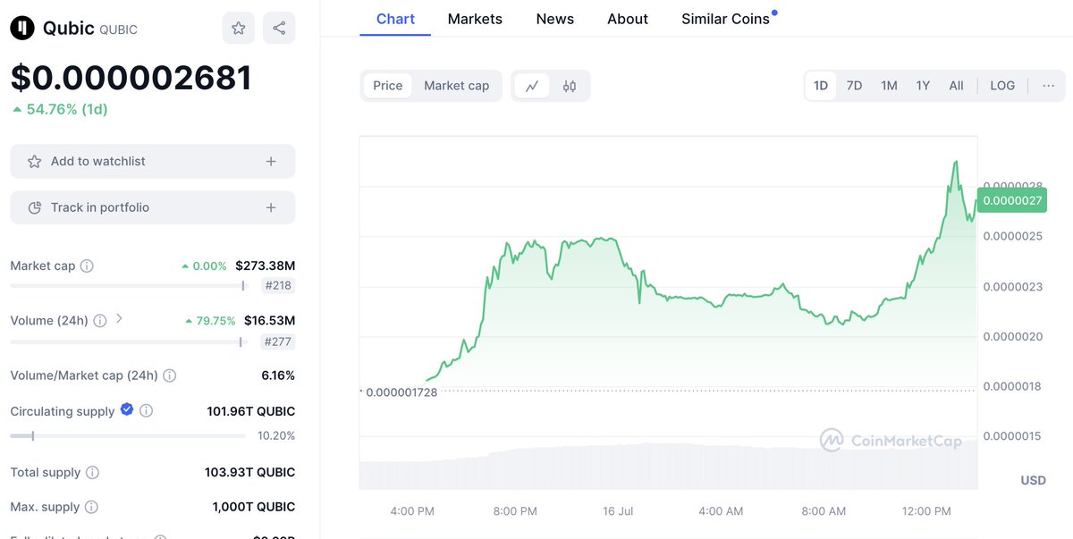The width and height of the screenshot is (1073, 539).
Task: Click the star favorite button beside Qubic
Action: pyautogui.click(x=239, y=28)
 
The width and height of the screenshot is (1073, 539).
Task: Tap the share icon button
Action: pyautogui.click(x=279, y=28)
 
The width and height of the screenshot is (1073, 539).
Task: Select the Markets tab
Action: pyautogui.click(x=475, y=19)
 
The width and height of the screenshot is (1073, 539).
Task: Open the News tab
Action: pyautogui.click(x=554, y=19)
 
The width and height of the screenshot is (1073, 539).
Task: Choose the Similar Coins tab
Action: pyautogui.click(x=725, y=19)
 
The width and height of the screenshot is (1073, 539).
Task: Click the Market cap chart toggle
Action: pyautogui.click(x=456, y=86)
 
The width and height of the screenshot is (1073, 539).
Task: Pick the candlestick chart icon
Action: pyautogui.click(x=570, y=86)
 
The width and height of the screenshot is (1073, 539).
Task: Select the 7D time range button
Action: pyautogui.click(x=854, y=86)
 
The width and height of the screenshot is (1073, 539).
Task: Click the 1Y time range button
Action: pyautogui.click(x=923, y=86)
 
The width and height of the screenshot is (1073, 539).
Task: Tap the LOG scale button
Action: pyautogui.click(x=1002, y=86)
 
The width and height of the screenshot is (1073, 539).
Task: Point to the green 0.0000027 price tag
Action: pyautogui.click(x=1012, y=200)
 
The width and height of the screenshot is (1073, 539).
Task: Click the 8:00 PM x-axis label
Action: pyautogui.click(x=515, y=511)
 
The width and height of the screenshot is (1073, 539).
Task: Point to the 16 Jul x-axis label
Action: pyautogui.click(x=618, y=511)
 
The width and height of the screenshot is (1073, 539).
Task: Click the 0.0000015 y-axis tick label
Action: pyautogui.click(x=1012, y=436)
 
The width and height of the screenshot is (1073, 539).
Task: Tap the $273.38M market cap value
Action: pyautogui.click(x=265, y=265)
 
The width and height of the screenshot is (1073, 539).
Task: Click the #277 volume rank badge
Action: pyautogui.click(x=278, y=341)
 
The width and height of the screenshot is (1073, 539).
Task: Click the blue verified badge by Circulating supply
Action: pyautogui.click(x=127, y=409)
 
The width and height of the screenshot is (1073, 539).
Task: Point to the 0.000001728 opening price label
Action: pyautogui.click(x=401, y=392)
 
